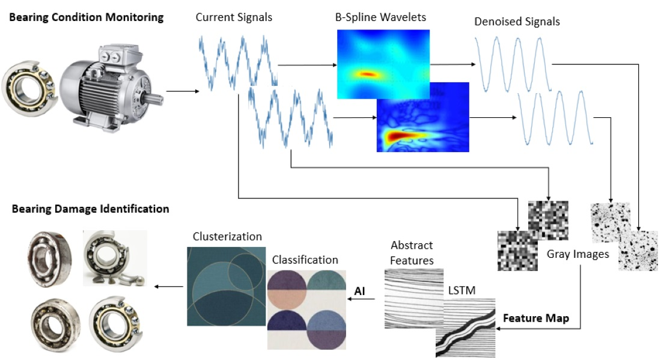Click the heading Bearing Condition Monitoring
click(86, 17)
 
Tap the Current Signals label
click(234, 17)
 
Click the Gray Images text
click(577, 254)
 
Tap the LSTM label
click(462, 290)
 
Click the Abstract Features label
click(412, 252)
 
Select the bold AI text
click(359, 291)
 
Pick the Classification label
click(305, 260)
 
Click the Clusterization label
click(227, 237)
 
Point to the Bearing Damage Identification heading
click(90, 209)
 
